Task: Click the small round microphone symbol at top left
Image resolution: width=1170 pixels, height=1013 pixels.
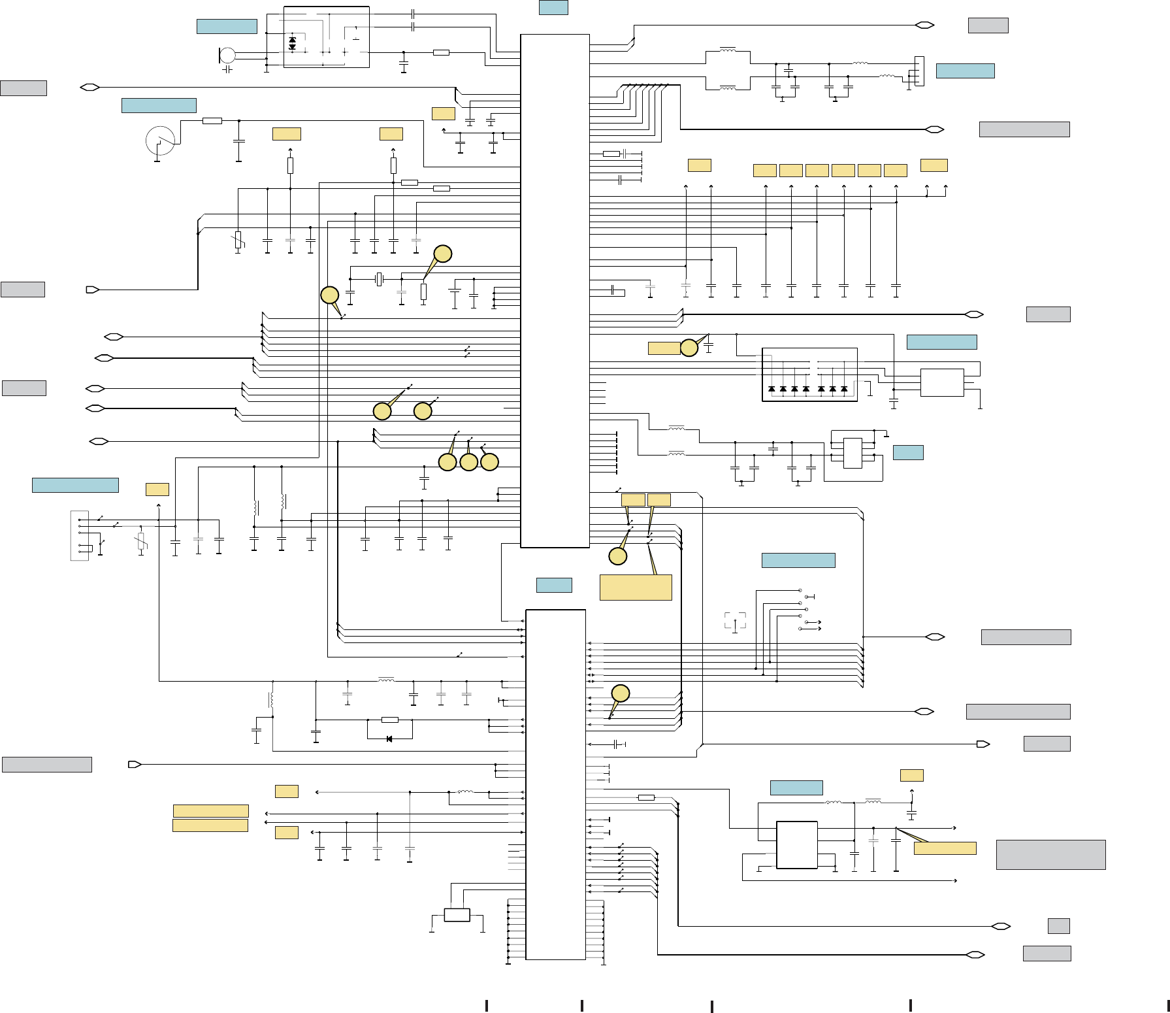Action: pos(227,56)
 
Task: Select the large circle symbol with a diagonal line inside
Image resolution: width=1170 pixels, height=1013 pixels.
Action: pos(160,140)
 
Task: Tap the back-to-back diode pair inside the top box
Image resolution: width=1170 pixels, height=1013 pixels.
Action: pos(292,44)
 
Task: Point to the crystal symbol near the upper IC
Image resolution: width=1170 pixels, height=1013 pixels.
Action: pos(379,280)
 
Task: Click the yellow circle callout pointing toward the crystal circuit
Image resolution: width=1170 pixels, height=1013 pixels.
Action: pos(443,254)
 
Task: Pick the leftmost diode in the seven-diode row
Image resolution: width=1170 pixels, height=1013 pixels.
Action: pos(772,389)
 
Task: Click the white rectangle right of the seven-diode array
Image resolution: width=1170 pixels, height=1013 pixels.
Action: pos(942,382)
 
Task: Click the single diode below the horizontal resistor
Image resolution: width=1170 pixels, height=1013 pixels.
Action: pos(389,739)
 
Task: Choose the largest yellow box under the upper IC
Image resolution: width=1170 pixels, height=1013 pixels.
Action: pos(636,587)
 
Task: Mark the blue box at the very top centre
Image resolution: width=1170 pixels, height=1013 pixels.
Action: pos(553,7)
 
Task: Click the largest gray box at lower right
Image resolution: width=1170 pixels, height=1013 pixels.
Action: pos(1050,854)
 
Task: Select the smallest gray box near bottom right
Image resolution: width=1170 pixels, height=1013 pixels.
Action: pos(1058,925)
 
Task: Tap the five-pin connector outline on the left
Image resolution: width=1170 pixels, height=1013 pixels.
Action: pos(79,536)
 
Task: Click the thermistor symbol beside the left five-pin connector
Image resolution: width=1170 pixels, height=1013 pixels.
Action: pos(141,541)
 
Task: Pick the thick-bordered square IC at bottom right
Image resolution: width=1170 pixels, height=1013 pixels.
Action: pos(796,844)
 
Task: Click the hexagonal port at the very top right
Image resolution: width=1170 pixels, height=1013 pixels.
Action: pos(924,25)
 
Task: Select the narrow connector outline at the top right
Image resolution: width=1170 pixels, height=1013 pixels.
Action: pos(919,71)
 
